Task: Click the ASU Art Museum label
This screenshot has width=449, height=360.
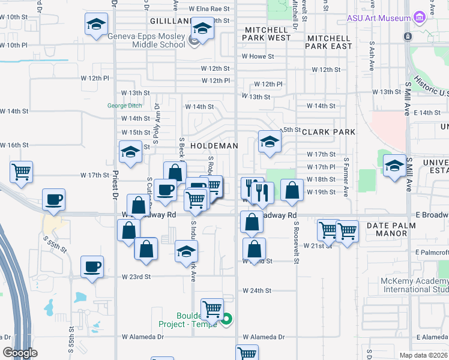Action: coord(379,18)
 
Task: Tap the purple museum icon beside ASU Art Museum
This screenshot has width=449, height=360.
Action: coord(419,18)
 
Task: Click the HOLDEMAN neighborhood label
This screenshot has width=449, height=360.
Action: coord(214,146)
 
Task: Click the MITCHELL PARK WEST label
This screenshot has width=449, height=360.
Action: coord(267,34)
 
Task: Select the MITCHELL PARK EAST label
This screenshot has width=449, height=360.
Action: coord(329,41)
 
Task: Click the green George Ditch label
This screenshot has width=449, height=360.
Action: coord(125,105)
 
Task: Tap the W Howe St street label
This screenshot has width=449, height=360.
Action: coord(258,57)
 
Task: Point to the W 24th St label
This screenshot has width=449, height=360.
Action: coord(257,290)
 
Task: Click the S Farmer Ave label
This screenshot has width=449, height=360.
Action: coord(346,177)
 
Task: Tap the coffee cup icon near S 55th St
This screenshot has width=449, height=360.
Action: coord(53,199)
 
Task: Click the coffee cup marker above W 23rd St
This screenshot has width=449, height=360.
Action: coord(92,266)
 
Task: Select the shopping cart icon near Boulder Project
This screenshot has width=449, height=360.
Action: coord(212,309)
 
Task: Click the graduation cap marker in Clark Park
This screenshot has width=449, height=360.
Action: coord(270,142)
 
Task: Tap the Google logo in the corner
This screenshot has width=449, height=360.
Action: coord(20,353)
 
